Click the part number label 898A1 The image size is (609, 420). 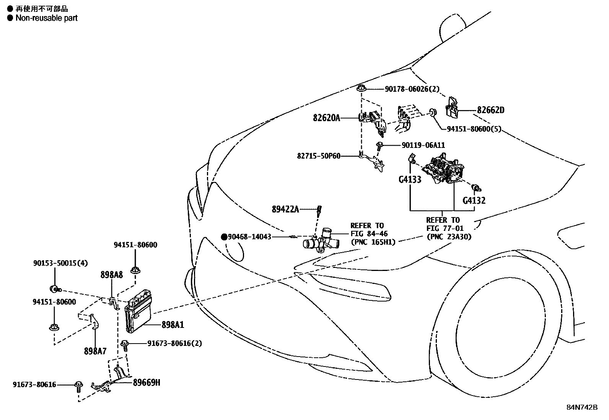click(173, 325)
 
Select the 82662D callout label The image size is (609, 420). click(490, 110)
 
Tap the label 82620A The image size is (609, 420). click(326, 118)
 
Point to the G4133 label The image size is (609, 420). click(410, 179)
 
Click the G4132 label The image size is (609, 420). click(474, 200)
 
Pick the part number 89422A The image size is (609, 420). click(285, 209)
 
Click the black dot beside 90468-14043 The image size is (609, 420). click(224, 237)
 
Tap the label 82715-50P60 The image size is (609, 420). click(318, 156)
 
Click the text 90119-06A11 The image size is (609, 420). click(423, 146)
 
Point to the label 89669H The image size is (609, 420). click(147, 382)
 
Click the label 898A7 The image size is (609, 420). click(95, 351)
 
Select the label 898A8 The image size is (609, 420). click(112, 274)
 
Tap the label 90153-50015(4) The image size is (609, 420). click(60, 263)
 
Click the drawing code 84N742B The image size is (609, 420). click(582, 407)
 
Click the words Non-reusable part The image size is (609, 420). click(46, 18)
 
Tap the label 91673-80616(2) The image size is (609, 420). click(174, 344)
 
